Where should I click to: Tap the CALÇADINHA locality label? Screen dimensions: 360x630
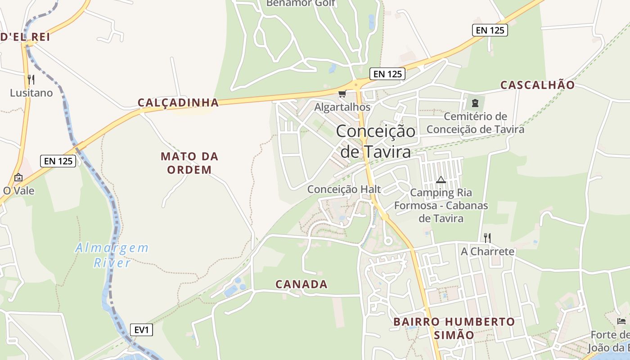point(178,103)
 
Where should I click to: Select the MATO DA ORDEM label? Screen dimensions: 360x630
point(189,163)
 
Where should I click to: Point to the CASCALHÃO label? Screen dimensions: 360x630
point(537,85)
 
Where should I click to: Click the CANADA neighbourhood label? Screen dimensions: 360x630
point(301,284)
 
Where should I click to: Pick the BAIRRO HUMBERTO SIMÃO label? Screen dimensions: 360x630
point(454,328)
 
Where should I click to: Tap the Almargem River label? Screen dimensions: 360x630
point(112,255)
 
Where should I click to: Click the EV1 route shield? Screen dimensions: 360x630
point(142,330)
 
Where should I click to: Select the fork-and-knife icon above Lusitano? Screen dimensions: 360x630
point(31,80)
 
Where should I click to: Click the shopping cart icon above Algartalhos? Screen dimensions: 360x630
point(342,94)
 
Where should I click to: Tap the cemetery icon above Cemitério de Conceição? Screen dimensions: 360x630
point(475,103)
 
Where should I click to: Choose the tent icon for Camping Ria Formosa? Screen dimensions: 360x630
point(441,180)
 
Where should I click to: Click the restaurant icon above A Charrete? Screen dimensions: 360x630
point(487,238)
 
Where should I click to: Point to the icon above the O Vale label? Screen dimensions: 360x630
point(18,177)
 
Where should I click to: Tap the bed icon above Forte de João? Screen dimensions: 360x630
point(621,321)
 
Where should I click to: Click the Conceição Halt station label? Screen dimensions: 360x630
point(344,189)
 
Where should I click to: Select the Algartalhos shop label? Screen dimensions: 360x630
point(342,107)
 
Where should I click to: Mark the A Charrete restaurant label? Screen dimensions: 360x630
point(487,252)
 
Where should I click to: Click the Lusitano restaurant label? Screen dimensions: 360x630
point(31,93)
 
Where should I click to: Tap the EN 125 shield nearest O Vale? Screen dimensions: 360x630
point(58,161)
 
